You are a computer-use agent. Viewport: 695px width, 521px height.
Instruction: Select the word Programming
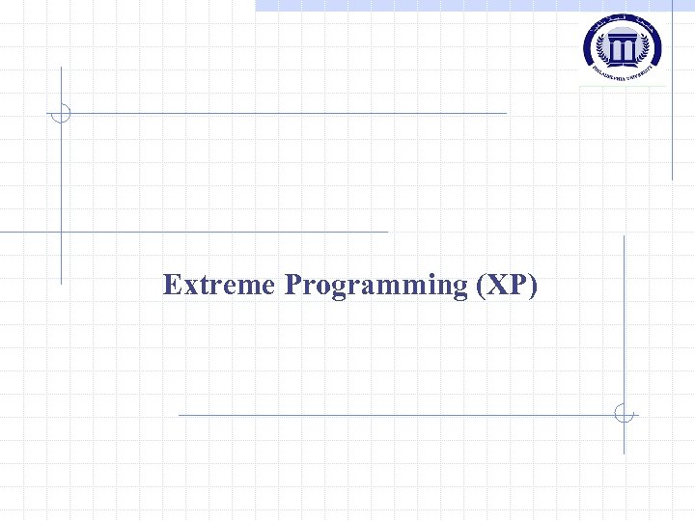click(375, 287)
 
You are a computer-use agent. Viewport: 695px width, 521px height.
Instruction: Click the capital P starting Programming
click(293, 286)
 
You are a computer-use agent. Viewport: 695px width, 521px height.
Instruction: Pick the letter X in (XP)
click(496, 286)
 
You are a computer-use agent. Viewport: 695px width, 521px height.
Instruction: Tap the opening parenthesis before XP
click(481, 287)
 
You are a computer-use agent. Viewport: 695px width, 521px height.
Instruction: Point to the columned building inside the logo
click(623, 44)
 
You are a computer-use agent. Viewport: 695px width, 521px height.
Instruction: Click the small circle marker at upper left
click(61, 113)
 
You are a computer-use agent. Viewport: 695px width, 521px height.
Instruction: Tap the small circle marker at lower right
click(625, 414)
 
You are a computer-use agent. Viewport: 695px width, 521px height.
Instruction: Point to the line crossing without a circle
click(61, 232)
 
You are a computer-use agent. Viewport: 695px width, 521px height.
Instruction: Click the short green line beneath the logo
click(623, 87)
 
